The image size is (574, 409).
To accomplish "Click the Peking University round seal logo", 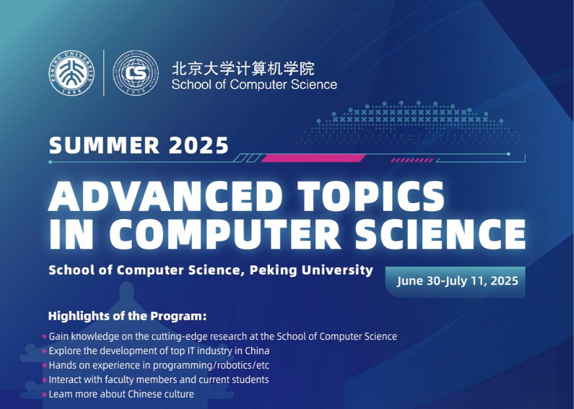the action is point(71,73).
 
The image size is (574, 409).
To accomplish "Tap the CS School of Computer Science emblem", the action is point(136,73).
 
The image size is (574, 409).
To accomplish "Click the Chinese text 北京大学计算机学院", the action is point(243,69).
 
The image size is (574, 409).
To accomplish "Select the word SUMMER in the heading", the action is point(105,145).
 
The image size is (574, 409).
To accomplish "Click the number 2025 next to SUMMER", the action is point(199,145).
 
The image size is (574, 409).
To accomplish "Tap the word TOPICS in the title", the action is point(371,196).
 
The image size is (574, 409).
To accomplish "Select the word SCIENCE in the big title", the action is point(440,234).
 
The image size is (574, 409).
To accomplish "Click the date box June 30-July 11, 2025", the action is point(455,282).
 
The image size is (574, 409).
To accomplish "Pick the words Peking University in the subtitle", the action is point(311,270).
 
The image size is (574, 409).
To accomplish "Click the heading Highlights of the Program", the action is point(127,316).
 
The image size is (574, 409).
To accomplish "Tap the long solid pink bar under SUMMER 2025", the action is point(313,158).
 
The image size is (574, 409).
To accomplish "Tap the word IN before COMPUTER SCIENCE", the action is point(71,234).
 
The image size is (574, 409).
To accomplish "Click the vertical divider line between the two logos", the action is point(104,73).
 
